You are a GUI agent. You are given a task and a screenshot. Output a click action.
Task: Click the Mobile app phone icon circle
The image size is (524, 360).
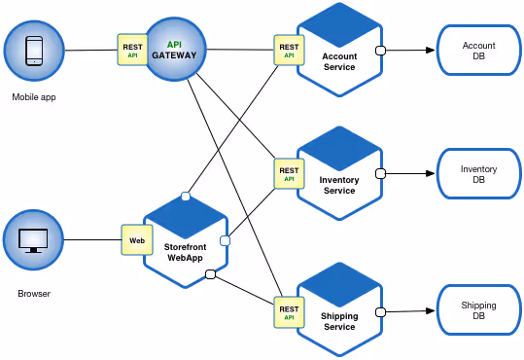[34, 50]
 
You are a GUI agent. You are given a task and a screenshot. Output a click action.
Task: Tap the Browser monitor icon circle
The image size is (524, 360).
[34, 240]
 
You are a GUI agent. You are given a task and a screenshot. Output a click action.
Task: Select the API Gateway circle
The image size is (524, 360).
[175, 50]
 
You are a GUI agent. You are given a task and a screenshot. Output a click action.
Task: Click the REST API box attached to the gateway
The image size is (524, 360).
[132, 50]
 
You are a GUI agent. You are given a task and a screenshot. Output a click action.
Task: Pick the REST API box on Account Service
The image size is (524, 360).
[289, 51]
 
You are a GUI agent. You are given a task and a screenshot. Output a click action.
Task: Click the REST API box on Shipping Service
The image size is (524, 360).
[289, 310]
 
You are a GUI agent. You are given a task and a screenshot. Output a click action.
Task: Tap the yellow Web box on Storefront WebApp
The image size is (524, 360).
[137, 239]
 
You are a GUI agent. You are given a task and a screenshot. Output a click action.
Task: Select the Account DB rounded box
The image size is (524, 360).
[478, 51]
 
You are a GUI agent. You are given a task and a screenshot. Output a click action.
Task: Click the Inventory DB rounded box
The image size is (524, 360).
[478, 175]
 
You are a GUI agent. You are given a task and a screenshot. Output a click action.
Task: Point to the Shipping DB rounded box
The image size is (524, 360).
[478, 311]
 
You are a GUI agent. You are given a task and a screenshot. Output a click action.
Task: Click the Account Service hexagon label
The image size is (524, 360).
[339, 61]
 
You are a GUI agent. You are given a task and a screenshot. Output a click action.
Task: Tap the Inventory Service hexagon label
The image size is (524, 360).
[339, 185]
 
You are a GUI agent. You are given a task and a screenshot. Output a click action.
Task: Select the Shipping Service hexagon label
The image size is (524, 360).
[339, 321]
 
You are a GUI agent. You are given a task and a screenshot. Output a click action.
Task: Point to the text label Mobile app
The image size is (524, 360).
[34, 97]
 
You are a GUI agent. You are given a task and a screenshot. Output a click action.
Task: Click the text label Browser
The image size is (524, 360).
[34, 293]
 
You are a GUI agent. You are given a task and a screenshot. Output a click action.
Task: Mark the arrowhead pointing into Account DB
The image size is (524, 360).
[429, 51]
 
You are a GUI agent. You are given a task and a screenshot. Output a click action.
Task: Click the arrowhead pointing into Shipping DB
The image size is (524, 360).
[429, 311]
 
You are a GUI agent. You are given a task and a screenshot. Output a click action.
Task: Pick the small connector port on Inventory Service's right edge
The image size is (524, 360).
[381, 174]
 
